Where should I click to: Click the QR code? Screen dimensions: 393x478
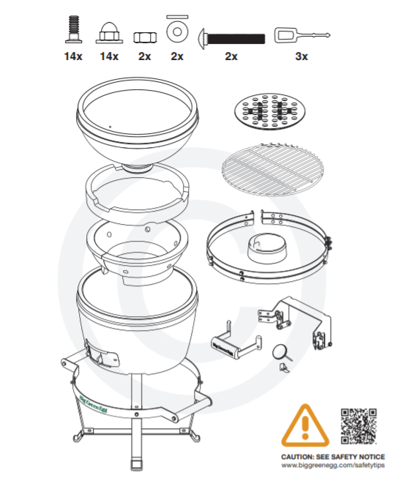point(359,426)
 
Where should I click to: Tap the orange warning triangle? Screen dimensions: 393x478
point(305,425)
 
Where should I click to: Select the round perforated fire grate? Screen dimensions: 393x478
point(269,111)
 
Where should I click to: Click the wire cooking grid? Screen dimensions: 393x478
point(272,169)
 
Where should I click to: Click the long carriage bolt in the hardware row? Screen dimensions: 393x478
point(232,38)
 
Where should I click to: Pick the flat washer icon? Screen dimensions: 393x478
point(177,31)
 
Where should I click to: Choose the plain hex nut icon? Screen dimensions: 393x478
point(145,37)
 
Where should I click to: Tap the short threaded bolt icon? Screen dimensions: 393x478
point(73,29)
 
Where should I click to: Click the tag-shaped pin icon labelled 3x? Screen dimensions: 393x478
point(302,35)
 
